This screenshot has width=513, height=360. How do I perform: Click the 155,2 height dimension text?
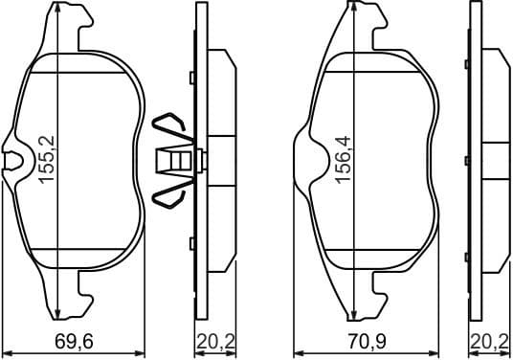pos(58,158)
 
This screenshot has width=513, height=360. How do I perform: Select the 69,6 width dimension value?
pos(74,342)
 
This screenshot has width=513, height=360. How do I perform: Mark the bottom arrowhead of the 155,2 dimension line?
pos(60,315)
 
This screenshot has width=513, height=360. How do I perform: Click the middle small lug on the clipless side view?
pos(466,160)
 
